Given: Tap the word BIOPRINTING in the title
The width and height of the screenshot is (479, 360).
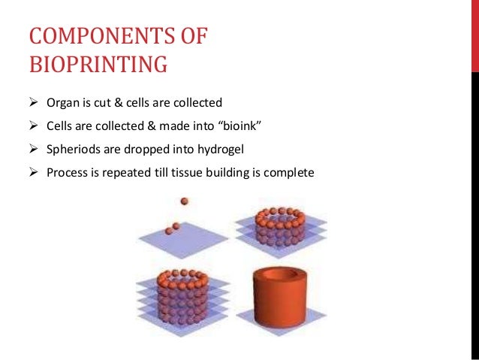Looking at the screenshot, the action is pyautogui.click(x=98, y=65).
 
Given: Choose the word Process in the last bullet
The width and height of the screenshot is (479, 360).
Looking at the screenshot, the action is pyautogui.click(x=67, y=172).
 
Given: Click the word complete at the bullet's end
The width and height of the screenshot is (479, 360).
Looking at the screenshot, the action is pyautogui.click(x=288, y=172).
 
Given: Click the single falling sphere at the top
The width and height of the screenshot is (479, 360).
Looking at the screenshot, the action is pyautogui.click(x=184, y=201).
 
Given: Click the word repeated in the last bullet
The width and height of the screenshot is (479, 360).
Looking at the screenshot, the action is pyautogui.click(x=134, y=172).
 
